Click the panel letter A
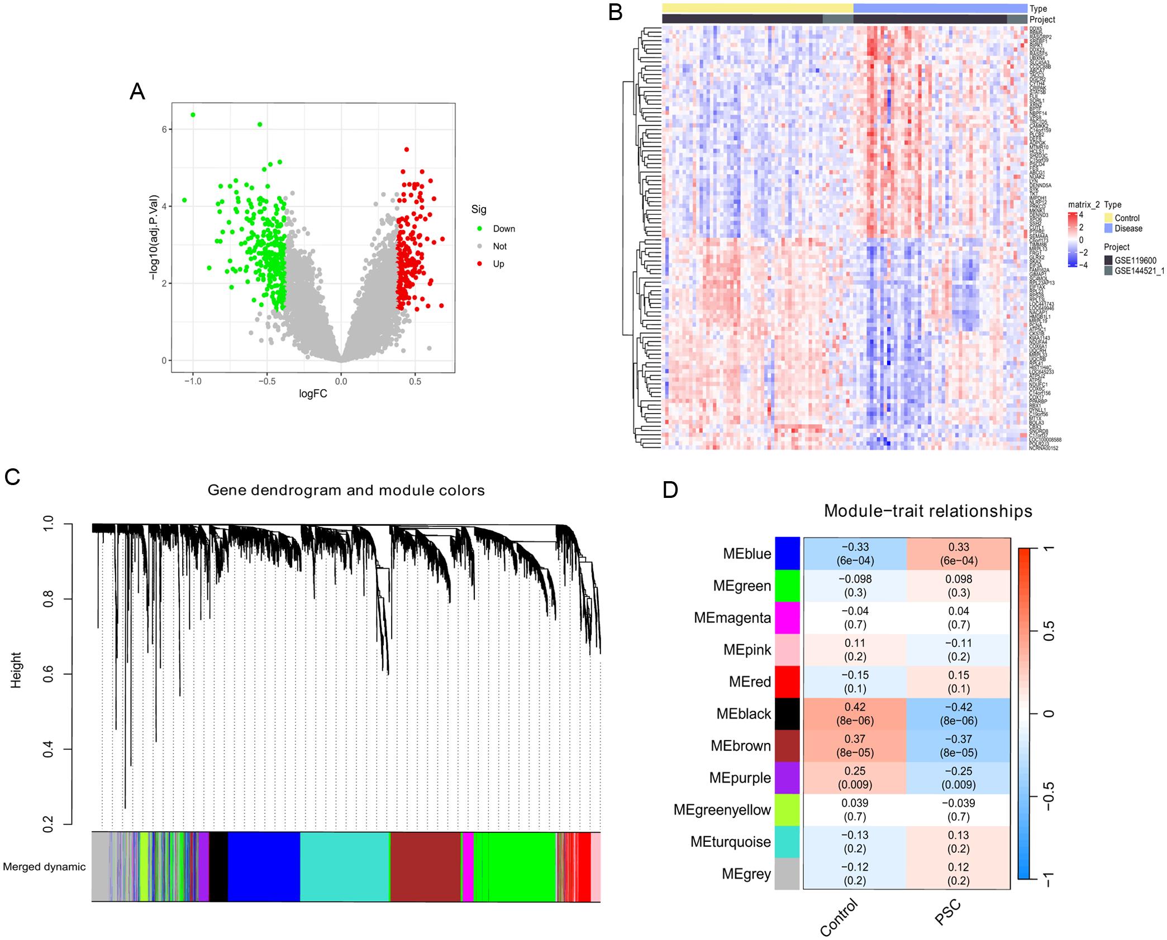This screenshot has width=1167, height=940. click(137, 92)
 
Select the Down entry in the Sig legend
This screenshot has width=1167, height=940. click(503, 229)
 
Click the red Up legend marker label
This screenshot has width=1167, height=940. click(498, 264)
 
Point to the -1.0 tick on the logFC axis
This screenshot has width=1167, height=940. click(193, 382)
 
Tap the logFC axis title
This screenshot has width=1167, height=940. click(313, 394)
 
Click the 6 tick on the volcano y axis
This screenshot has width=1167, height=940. click(165, 130)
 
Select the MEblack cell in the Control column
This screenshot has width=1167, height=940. click(855, 714)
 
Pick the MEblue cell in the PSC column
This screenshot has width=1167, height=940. click(959, 554)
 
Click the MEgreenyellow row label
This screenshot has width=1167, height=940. click(722, 810)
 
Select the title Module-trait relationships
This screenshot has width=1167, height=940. click(928, 511)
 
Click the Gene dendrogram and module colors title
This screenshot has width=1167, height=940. click(346, 491)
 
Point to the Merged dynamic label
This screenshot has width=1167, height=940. click(45, 867)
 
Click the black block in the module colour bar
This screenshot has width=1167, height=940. click(218, 866)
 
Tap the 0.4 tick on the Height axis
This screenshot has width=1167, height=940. click(48, 749)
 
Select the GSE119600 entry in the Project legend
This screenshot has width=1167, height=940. click(1135, 260)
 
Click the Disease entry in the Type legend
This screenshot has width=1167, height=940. click(1128, 228)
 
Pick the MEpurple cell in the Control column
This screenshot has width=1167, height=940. click(855, 778)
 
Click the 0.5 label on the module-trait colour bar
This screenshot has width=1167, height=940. click(1049, 631)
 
